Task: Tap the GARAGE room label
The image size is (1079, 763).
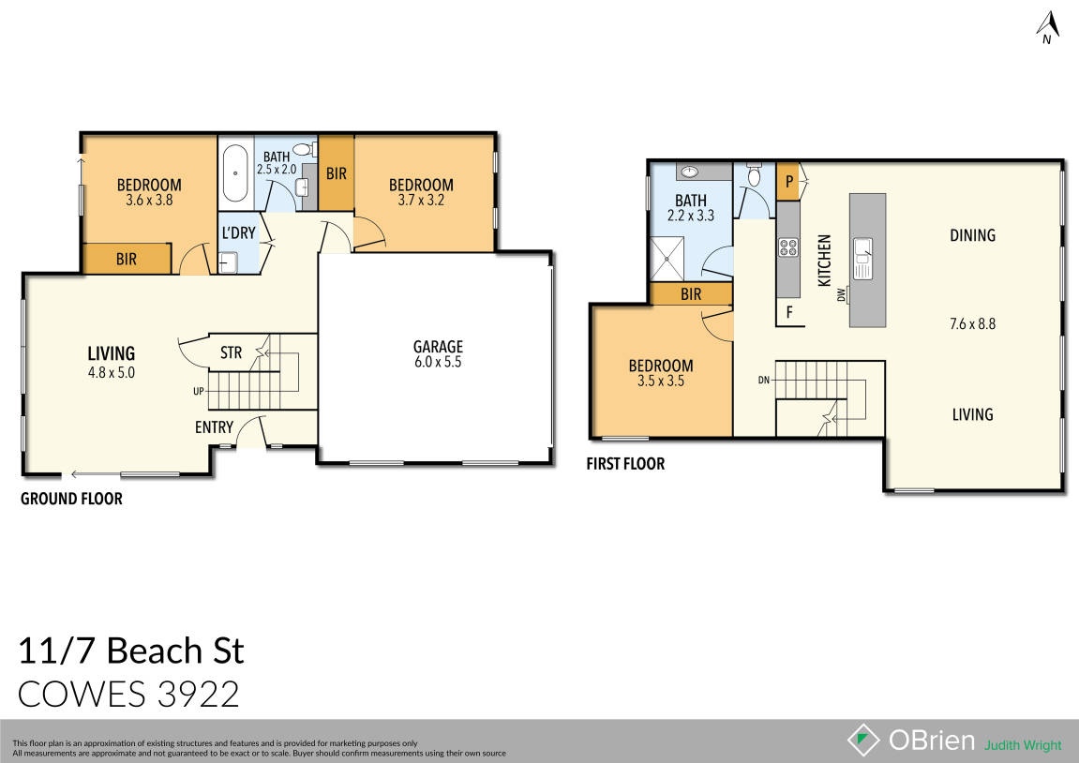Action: pos(439,347)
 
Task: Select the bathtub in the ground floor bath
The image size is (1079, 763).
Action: pos(234,172)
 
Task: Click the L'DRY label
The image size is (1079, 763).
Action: pos(238,232)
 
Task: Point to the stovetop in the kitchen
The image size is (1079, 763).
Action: pos(788,248)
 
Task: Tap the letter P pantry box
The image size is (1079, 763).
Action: pos(789,181)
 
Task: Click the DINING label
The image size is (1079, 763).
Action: pos(972,235)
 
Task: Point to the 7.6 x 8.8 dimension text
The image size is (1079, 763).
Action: pos(972,323)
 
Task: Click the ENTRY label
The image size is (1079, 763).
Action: pos(214,427)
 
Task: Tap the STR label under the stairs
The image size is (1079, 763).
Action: pos(231,353)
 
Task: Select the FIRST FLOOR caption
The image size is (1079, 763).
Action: pos(625,463)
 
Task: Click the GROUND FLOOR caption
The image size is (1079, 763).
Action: pos(71,499)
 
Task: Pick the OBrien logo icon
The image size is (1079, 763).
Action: pos(863,740)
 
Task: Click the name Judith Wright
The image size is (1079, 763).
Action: pos(1023,745)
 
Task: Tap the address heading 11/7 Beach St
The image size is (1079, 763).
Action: pos(131,650)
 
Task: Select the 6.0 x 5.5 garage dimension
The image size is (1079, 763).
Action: pos(439,362)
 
